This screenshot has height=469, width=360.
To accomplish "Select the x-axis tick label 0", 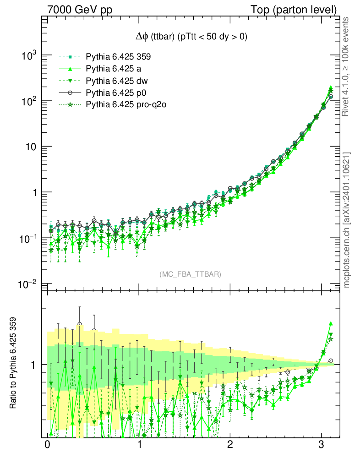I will pos(47,446).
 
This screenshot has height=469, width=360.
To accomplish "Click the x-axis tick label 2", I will pos(230,446).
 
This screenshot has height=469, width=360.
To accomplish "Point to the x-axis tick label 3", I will pos(322,446).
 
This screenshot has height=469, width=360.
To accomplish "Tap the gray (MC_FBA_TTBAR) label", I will pos(190,274).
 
